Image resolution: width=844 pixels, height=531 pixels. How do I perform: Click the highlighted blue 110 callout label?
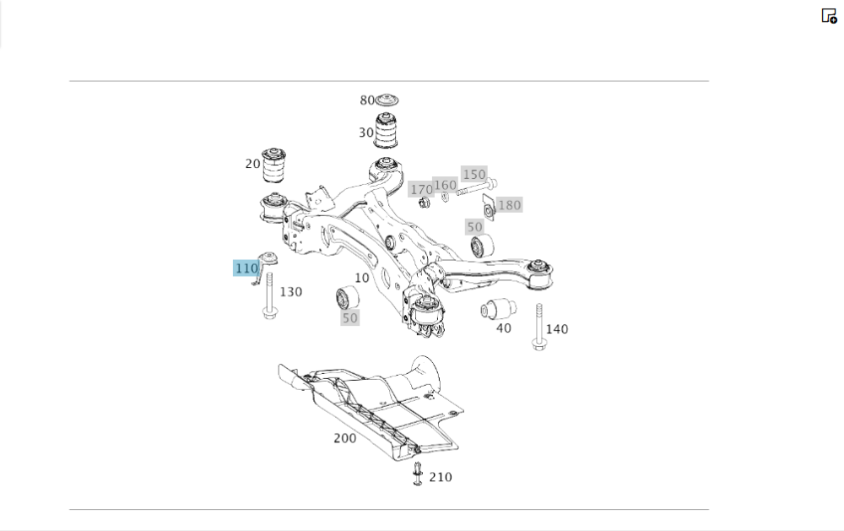click(246, 268)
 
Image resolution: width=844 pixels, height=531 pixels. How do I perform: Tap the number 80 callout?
click(367, 100)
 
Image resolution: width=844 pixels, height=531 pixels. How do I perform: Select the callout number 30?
click(365, 133)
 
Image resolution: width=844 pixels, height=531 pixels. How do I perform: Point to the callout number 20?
click(252, 164)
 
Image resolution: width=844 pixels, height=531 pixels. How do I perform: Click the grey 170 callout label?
click(420, 190)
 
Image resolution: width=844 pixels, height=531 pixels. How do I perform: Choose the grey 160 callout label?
click(445, 185)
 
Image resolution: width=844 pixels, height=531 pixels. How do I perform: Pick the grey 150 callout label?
click(474, 174)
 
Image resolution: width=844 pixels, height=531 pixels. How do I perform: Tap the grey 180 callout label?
click(510, 204)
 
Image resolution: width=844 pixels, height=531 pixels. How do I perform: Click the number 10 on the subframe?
click(361, 278)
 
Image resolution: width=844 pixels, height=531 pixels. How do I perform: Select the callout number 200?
click(344, 438)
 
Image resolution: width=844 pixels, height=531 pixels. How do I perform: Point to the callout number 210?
click(441, 477)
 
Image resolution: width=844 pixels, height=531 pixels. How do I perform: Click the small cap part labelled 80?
click(387, 100)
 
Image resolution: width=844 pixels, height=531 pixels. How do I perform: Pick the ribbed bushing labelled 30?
click(387, 131)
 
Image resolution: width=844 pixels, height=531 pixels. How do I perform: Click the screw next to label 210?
click(417, 474)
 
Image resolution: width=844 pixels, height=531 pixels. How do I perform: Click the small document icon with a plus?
click(829, 15)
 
